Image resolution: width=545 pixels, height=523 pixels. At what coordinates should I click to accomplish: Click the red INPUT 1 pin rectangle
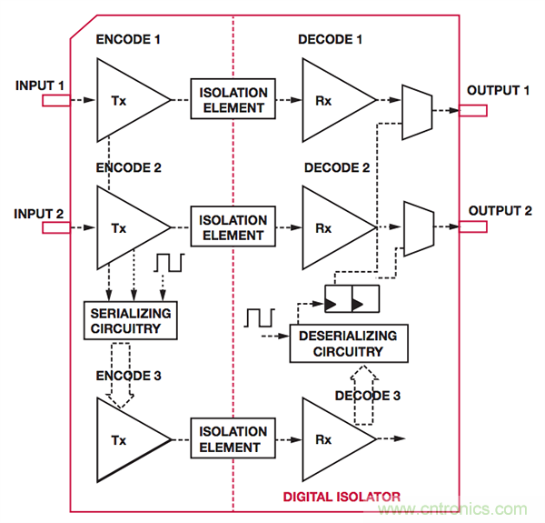tap(55, 101)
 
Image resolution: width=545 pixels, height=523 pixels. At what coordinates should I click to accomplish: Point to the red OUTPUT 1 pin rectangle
tap(472, 110)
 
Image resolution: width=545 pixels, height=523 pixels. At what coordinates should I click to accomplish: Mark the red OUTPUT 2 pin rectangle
tap(472, 227)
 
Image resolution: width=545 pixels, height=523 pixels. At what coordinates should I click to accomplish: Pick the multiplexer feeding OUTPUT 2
tap(416, 227)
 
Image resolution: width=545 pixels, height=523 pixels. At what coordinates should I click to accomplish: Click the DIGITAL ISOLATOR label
tap(341, 496)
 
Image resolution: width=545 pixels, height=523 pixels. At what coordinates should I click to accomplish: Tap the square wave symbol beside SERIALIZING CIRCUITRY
tap(169, 264)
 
